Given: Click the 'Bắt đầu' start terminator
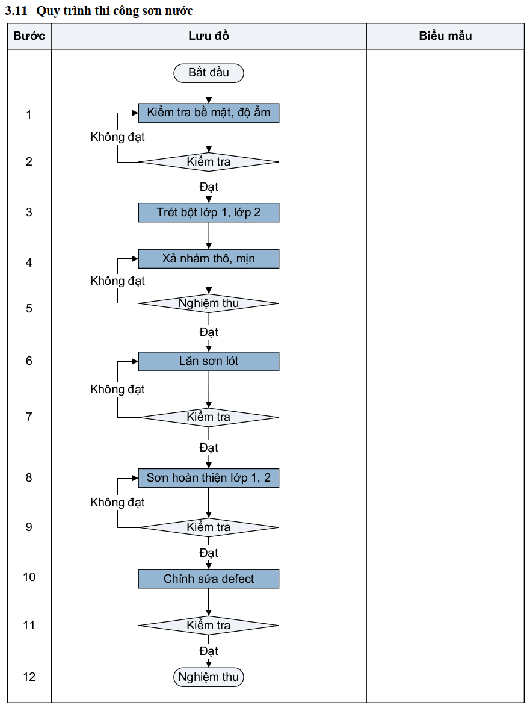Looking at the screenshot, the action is click(209, 73).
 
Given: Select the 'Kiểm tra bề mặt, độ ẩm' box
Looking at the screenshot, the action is click(209, 113).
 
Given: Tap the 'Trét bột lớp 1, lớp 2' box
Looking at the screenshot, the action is click(209, 213).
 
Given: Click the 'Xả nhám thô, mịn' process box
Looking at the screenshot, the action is click(209, 259).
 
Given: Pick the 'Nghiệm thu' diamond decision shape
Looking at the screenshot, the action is click(209, 303).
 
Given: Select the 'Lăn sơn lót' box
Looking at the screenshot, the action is click(209, 361).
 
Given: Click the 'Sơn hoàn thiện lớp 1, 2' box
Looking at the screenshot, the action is click(209, 478).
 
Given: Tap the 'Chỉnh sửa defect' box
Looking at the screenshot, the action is click(209, 579).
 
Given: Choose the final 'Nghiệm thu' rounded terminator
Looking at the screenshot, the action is click(209, 677).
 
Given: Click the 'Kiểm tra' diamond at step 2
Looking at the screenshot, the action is click(209, 161).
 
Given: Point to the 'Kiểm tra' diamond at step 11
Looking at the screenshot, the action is click(209, 626).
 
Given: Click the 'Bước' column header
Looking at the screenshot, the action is click(29, 36).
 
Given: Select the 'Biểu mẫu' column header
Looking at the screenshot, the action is click(446, 36).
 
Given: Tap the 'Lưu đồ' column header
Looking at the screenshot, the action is click(209, 36).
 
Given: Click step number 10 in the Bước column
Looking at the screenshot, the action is click(29, 577).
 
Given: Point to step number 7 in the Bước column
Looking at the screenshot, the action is click(29, 417).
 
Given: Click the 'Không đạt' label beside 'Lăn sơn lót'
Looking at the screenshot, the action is click(118, 389).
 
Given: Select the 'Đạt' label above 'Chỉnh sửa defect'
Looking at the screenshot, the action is click(209, 553).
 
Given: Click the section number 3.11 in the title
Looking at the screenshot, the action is click(16, 11).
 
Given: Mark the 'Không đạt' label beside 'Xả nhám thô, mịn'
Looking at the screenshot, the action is click(118, 281).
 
